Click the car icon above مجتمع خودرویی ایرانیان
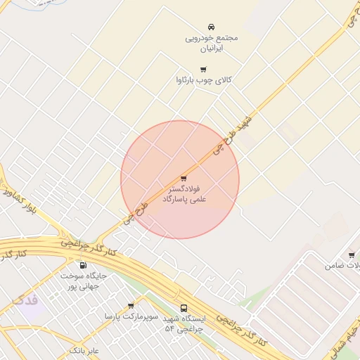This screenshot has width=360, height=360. click(x=212, y=27)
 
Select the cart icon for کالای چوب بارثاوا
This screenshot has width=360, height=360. click(x=204, y=69)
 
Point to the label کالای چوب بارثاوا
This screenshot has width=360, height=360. click(x=203, y=81)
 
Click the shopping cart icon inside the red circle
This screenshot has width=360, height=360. click(x=184, y=178)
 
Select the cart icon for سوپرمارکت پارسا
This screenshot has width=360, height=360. click(x=131, y=305)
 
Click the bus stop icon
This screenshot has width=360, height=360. click(x=184, y=307)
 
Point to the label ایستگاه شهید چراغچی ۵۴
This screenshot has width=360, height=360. click(x=184, y=323)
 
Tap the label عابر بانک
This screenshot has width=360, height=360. click(x=84, y=349)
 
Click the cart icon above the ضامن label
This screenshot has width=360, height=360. click(x=352, y=255)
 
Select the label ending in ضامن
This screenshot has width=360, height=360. click(x=343, y=266)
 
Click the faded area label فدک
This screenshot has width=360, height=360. click(x=25, y=300)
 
